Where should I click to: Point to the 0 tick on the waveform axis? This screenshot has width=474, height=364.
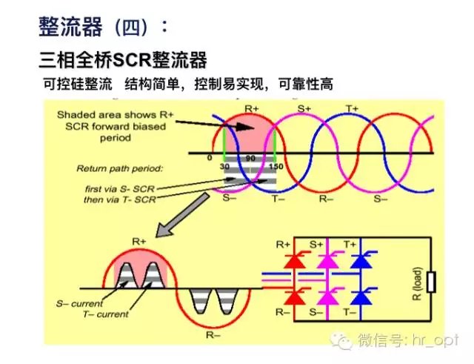pyautogui.click(x=210, y=158)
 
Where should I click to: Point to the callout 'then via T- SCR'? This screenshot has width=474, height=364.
pyautogui.click(x=118, y=199)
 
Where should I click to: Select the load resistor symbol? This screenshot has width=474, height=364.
pyautogui.click(x=431, y=282)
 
